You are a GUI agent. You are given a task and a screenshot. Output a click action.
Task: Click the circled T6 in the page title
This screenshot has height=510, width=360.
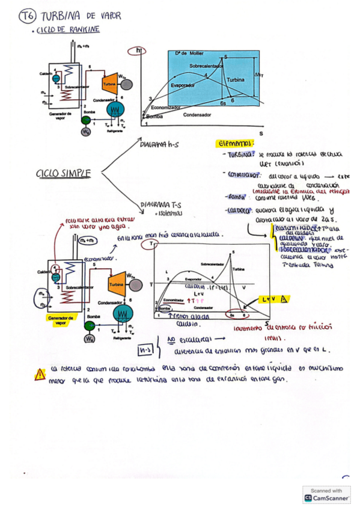[28, 16]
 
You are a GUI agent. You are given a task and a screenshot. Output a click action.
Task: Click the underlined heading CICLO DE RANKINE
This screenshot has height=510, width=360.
[67, 29]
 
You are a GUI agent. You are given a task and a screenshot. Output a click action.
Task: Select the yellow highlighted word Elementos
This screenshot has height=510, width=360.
[236, 144]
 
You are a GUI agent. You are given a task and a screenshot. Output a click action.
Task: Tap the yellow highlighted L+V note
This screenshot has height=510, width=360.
[273, 299]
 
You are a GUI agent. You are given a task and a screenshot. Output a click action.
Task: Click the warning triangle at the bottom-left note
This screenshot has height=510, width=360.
[40, 374]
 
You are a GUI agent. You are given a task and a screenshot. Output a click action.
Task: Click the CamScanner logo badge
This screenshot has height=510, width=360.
[327, 494]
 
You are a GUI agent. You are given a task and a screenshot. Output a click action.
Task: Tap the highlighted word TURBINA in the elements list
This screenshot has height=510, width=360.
[239, 155]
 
